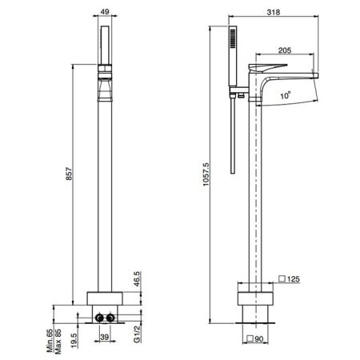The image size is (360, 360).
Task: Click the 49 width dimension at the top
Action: (105, 11)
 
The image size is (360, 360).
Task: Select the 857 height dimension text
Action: (69, 174)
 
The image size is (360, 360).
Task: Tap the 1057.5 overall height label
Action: (206, 174)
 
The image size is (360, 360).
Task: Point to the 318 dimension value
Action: (274, 12)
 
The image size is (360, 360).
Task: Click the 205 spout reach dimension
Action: (285, 50)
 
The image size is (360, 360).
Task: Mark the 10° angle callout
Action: (286, 95)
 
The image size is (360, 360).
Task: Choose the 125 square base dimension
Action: (294, 279)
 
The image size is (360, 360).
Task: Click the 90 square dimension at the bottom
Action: (258, 339)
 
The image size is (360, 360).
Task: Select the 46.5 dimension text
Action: (137, 278)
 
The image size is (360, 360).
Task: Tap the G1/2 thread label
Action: (137, 334)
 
